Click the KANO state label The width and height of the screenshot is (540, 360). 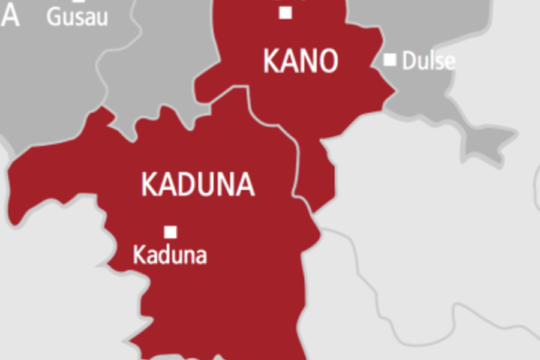click(300, 61)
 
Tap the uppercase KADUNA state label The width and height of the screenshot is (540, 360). click(197, 185)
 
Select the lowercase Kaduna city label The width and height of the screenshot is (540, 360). click(170, 255)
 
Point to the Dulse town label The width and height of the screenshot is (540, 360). click(428, 61)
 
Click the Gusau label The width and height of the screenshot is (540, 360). click(72, 17)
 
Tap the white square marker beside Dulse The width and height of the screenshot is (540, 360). click(390, 60)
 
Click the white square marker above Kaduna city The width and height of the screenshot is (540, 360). click(170, 231)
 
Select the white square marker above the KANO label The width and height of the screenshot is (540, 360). click(286, 12)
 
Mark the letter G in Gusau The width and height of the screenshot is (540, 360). click(52, 17)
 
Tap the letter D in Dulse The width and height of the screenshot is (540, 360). click(408, 61)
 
